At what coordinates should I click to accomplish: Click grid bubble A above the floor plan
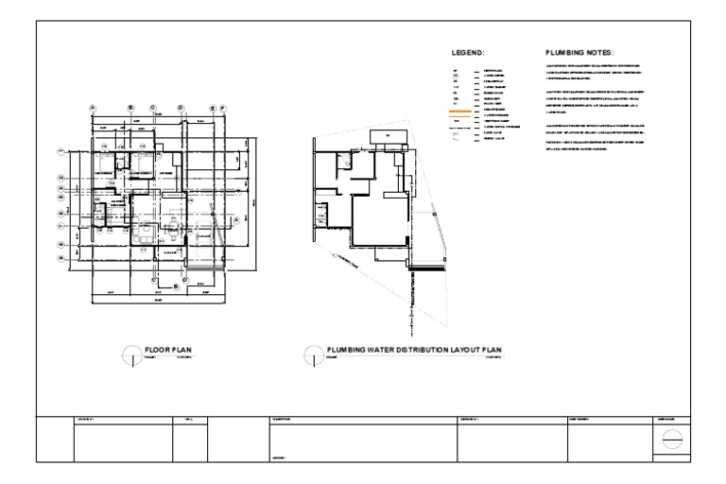click(x=93, y=108)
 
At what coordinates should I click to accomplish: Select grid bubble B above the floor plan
click(x=130, y=108)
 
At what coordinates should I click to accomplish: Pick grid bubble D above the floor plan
click(x=180, y=108)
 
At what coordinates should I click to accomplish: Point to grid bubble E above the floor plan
click(x=213, y=108)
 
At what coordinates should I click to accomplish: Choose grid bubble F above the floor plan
click(x=222, y=108)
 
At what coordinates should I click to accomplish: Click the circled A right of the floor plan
click(x=235, y=218)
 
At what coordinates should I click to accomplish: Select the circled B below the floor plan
click(x=154, y=280)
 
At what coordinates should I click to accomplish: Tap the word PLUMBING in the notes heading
click(x=566, y=52)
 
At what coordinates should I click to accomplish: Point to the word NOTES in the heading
click(x=602, y=52)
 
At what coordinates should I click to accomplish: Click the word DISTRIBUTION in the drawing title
click(x=412, y=350)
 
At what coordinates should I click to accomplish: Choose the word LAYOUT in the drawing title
click(x=457, y=350)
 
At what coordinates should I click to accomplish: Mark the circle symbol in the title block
click(x=670, y=440)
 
